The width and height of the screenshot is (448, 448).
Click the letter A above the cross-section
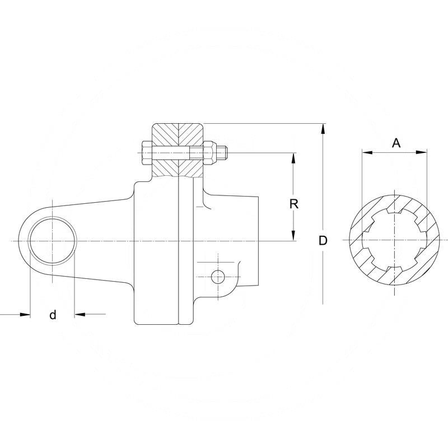point(396,143)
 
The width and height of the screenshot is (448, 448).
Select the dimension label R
point(293,204)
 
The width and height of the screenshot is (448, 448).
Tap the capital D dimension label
point(323,241)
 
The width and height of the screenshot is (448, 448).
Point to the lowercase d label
point(53,315)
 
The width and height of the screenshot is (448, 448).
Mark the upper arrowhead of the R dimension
point(293,157)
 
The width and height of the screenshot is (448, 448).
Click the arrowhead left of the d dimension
point(25,315)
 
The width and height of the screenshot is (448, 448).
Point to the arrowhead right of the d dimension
point(79,315)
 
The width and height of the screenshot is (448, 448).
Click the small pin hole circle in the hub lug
point(217,276)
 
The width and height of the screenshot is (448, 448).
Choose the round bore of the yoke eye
point(52,241)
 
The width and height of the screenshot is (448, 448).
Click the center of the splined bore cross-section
point(394,241)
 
